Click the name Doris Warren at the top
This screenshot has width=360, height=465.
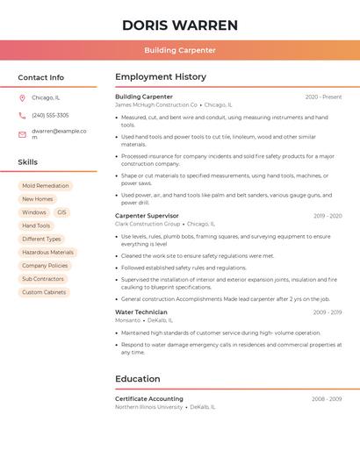(x=180, y=25)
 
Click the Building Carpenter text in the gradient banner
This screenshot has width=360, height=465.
(x=180, y=50)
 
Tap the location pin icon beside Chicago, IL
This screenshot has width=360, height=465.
(x=22, y=97)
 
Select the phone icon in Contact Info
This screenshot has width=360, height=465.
(x=22, y=115)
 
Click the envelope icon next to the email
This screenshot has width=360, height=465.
(x=22, y=133)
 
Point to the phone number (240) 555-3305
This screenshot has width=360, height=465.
(x=50, y=115)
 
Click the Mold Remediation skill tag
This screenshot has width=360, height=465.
(x=45, y=186)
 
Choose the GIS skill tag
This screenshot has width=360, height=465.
(x=61, y=212)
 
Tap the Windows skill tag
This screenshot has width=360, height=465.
(x=34, y=212)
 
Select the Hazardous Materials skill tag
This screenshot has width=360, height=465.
(x=47, y=252)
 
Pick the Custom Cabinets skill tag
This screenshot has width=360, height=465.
(x=44, y=292)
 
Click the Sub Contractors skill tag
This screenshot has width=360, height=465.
(x=43, y=279)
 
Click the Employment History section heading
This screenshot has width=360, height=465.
(x=161, y=77)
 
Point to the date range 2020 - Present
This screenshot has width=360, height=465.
(x=323, y=97)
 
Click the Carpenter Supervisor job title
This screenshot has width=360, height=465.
(x=147, y=216)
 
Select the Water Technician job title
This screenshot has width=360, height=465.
(x=140, y=312)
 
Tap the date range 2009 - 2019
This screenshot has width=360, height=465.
(x=327, y=216)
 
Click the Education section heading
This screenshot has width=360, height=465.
(x=138, y=379)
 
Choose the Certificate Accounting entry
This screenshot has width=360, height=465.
(x=149, y=398)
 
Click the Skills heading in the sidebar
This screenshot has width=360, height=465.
(x=28, y=162)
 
